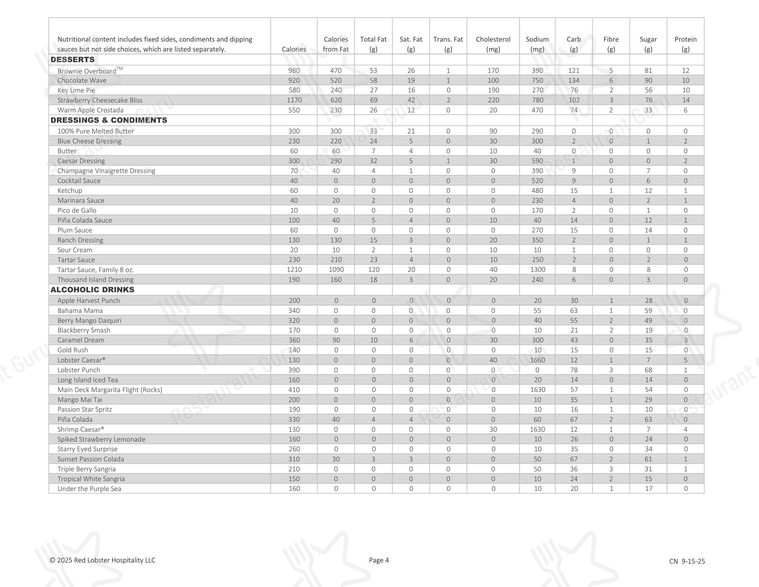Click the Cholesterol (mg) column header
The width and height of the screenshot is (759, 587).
(x=493, y=44)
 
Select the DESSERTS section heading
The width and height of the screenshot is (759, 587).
(x=73, y=59)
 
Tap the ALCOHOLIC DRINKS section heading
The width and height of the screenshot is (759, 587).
(x=92, y=290)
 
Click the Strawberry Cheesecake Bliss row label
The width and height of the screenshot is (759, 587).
(x=100, y=100)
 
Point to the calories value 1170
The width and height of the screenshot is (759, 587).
(x=294, y=100)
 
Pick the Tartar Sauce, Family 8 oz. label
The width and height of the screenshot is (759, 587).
(x=96, y=270)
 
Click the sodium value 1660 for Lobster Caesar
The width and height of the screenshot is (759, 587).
(x=537, y=360)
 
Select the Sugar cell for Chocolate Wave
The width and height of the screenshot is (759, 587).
(x=648, y=80)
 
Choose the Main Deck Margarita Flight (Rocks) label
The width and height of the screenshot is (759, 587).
(x=110, y=390)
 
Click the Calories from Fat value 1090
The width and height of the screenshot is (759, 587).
(x=336, y=270)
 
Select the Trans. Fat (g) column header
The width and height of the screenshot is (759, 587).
(x=448, y=44)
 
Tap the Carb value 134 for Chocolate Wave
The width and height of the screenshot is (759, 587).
(x=574, y=80)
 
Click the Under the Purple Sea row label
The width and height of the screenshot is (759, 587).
(x=89, y=489)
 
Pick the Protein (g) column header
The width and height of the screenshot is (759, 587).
(x=685, y=44)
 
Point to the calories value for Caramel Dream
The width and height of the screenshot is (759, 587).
(x=294, y=340)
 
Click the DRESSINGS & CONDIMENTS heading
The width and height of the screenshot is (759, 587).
(x=109, y=120)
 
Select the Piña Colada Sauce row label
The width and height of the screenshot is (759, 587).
(x=85, y=221)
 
